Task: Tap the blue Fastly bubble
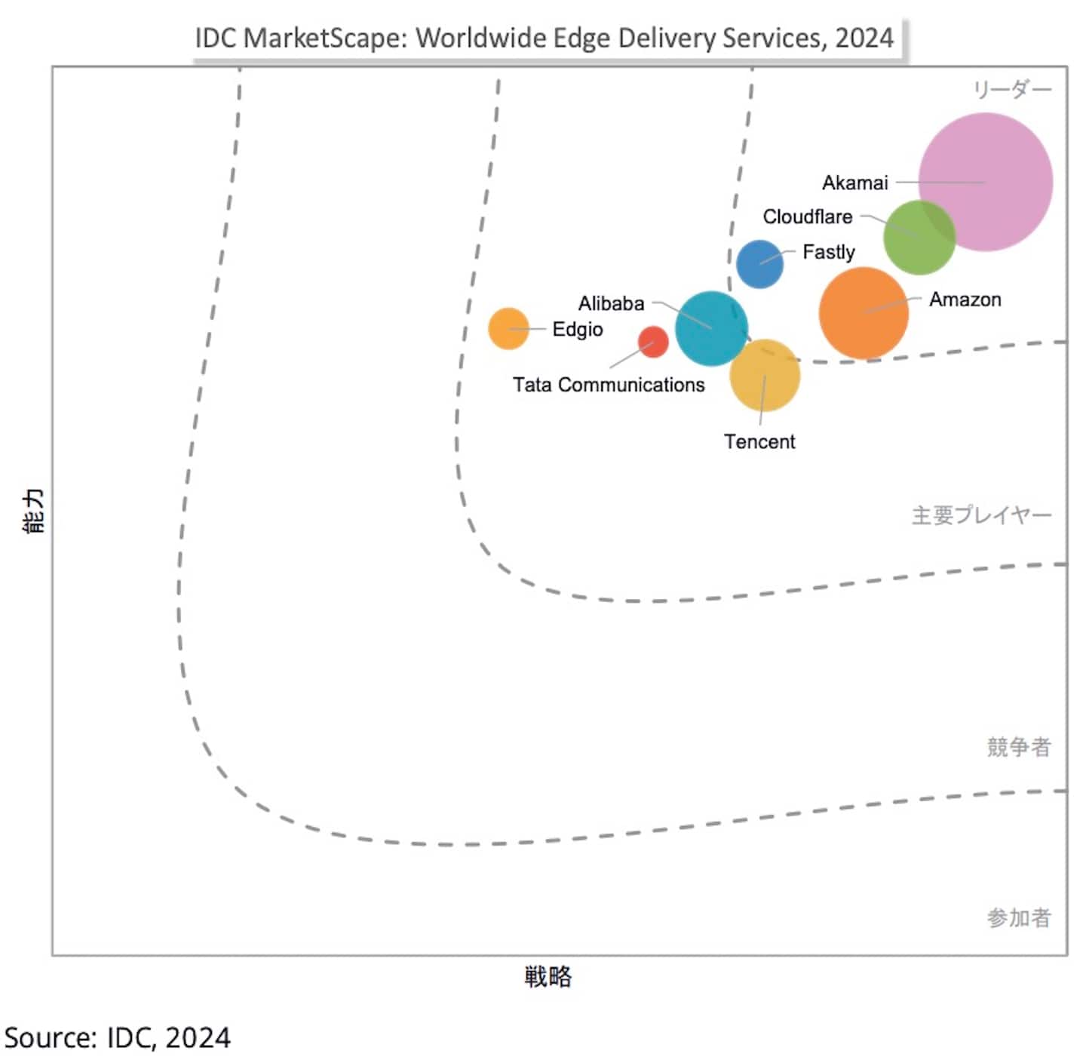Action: (x=759, y=264)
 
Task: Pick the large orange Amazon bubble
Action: (x=863, y=312)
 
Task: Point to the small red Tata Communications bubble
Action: (x=653, y=342)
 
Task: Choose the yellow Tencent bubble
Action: (x=765, y=376)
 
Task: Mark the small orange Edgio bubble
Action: (x=508, y=328)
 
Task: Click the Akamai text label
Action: (x=854, y=183)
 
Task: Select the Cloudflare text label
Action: (x=807, y=217)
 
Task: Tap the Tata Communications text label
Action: (x=609, y=385)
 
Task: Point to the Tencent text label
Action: (x=759, y=441)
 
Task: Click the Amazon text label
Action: (x=965, y=300)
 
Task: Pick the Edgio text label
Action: (x=578, y=330)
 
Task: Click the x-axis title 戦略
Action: (x=548, y=976)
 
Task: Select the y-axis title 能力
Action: (x=35, y=511)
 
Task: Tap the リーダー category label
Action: (x=1011, y=90)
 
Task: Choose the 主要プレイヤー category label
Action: (x=981, y=515)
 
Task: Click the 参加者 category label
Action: (x=1018, y=917)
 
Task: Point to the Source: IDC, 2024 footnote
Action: (x=118, y=1038)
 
